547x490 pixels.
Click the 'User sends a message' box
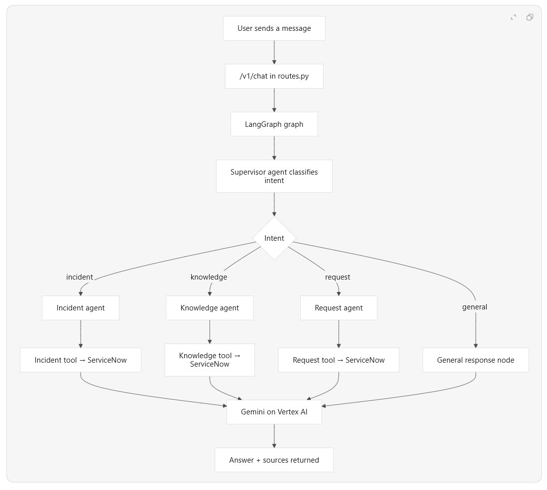[274, 28]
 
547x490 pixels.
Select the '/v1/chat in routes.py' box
[274, 76]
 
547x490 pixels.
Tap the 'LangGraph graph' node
[274, 124]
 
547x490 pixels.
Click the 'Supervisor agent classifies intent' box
[274, 176]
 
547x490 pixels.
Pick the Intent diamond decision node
[274, 238]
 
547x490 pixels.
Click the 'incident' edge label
[80, 277]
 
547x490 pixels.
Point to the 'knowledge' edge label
[209, 277]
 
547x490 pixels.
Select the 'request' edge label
[337, 277]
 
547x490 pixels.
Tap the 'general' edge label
[475, 307]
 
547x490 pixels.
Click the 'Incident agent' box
[81, 308]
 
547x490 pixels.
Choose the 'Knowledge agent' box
[210, 308]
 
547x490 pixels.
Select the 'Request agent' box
[339, 308]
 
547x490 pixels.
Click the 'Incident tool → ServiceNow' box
[81, 360]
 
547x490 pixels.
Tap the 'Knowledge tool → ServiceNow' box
[210, 360]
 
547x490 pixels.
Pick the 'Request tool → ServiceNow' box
[339, 360]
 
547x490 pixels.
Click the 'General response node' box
[476, 360]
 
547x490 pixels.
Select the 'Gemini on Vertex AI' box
[274, 412]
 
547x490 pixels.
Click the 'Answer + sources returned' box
[274, 460]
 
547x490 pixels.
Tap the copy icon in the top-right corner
[530, 17]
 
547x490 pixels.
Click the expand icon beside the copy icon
[513, 17]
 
